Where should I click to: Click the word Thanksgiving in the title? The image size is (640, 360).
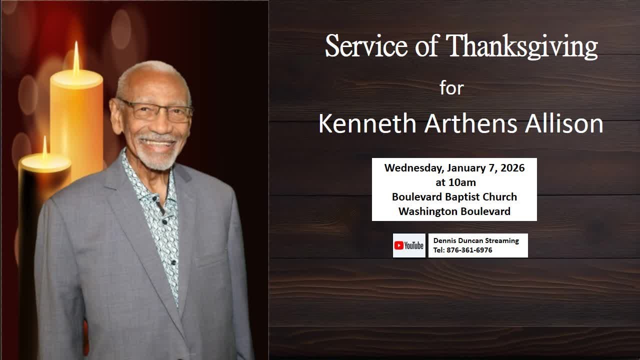(x=521, y=47)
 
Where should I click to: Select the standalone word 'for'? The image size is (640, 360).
(x=451, y=88)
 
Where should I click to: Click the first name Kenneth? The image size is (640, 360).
(x=367, y=123)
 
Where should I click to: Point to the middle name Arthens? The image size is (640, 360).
(x=470, y=123)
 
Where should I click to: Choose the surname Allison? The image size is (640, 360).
(x=563, y=123)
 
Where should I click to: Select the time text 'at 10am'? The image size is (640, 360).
(x=455, y=182)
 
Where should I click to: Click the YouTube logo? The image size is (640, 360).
(x=409, y=245)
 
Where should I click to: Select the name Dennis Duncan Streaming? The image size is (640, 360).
(x=475, y=240)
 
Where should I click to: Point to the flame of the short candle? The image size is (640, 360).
(x=44, y=147)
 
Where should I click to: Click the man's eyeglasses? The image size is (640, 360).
(x=155, y=111)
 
